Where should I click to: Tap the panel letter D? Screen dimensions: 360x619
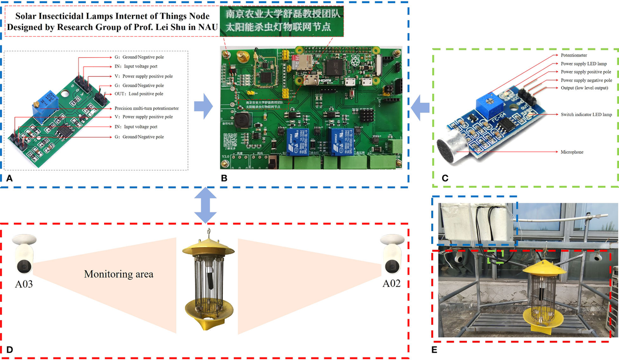pos(8,350)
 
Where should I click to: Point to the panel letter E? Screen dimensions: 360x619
pos(434,350)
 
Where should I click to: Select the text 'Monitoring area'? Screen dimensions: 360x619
pos(119,274)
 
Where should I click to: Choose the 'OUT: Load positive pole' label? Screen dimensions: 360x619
pos(139,94)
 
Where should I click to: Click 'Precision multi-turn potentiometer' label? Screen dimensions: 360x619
pos(148,109)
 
